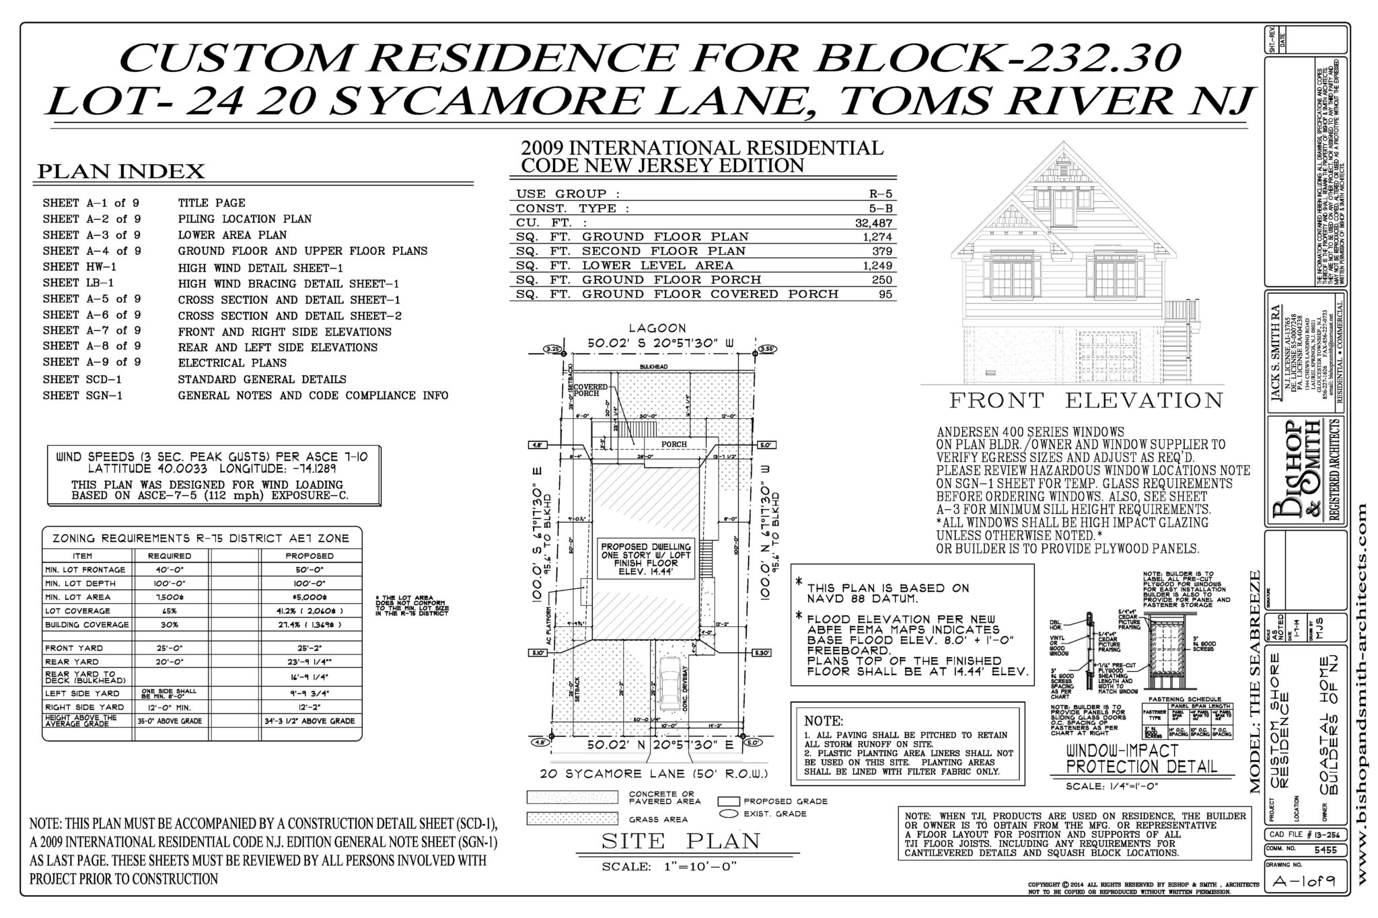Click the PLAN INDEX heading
tap(121, 172)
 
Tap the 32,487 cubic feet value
tap(873, 223)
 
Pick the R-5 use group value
tap(880, 194)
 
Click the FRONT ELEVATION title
tap(1085, 401)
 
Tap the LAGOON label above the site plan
tap(657, 328)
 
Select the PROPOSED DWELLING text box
tap(645, 560)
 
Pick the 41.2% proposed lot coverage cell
tap(310, 611)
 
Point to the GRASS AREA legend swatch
tap(572, 818)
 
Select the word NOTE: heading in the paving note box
tap(824, 720)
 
